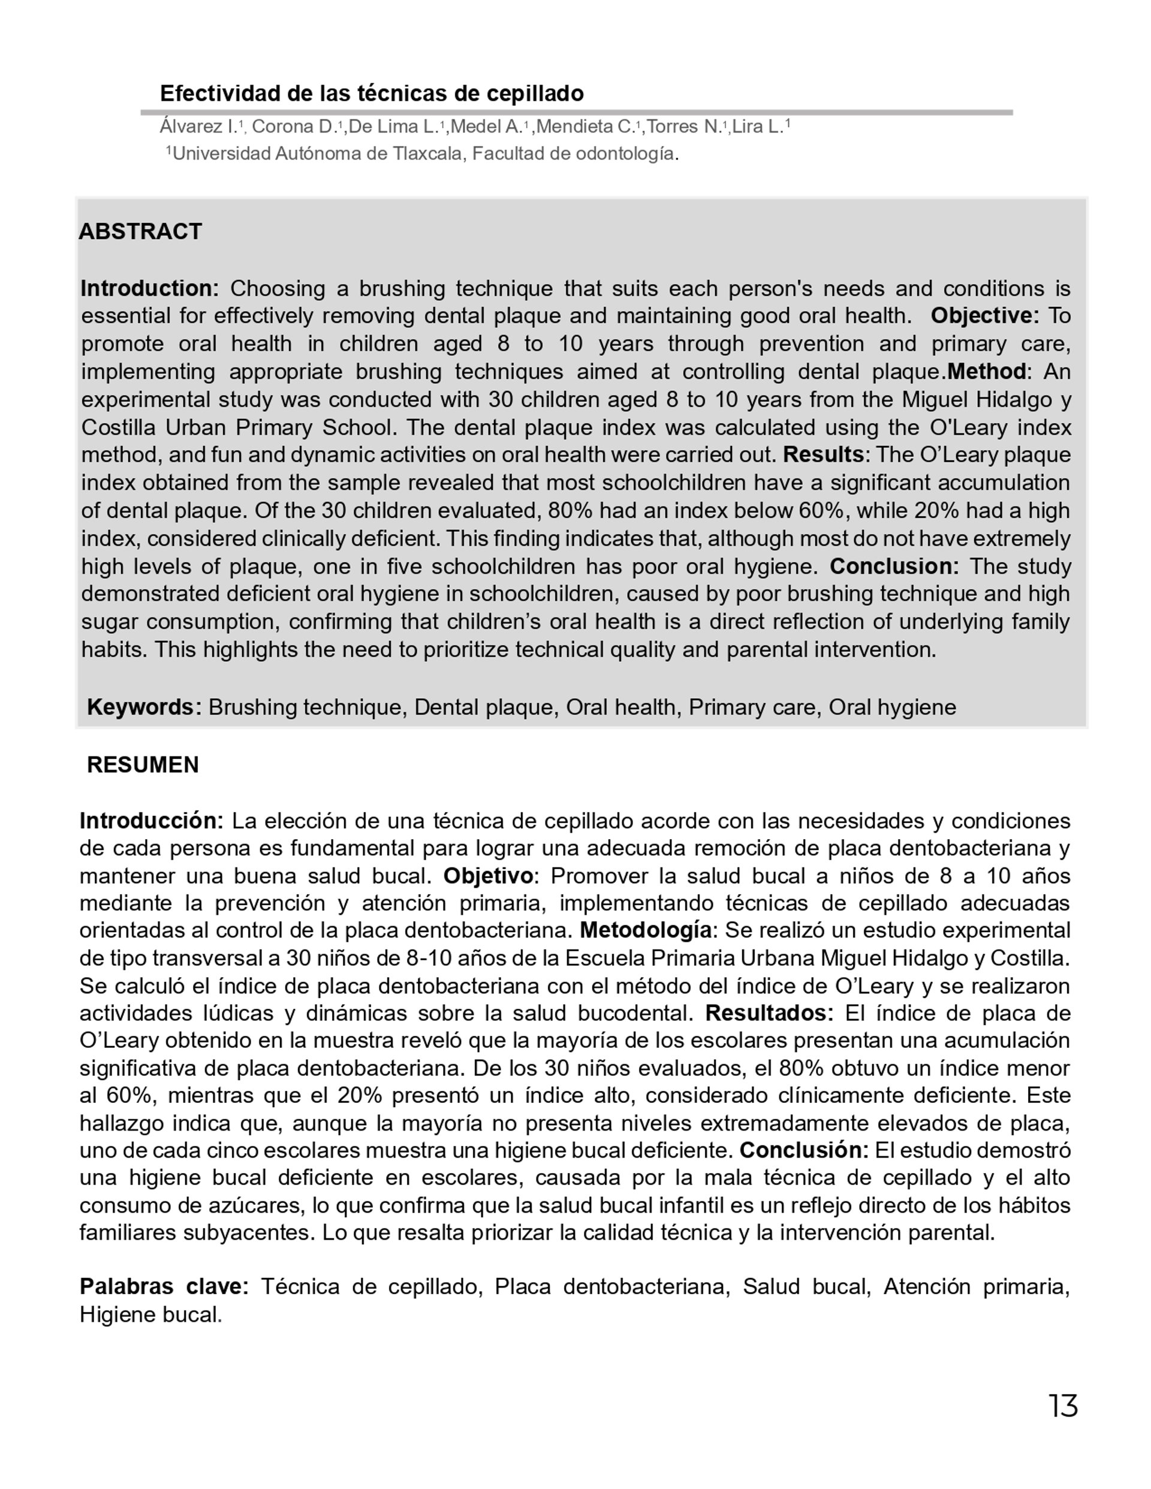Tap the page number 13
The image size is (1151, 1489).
(1063, 1406)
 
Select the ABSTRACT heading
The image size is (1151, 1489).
(140, 232)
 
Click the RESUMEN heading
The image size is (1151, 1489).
(143, 765)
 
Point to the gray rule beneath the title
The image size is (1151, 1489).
(576, 113)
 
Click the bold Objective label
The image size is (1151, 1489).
(984, 317)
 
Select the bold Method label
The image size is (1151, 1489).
(986, 372)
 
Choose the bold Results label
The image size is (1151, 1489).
(823, 455)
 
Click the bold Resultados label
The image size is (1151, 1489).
(769, 1014)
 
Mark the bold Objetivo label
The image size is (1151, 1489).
(488, 876)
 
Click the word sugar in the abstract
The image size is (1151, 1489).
(108, 622)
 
